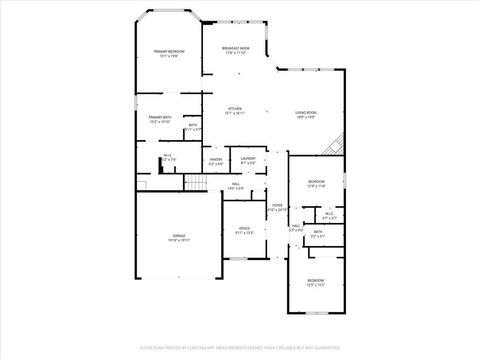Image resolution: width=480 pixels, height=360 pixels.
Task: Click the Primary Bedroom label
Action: point(169,51)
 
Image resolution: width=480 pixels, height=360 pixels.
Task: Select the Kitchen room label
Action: point(235,109)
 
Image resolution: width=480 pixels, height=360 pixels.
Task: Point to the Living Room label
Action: point(306,112)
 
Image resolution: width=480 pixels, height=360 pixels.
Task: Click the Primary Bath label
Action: point(160,118)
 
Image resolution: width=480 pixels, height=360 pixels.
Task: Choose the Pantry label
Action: point(216,159)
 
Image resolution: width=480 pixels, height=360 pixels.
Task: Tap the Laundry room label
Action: point(249,159)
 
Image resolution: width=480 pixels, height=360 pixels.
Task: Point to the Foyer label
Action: point(277,205)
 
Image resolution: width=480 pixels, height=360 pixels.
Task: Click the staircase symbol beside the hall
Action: point(197,184)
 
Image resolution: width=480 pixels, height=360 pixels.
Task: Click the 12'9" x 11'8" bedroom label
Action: point(315,181)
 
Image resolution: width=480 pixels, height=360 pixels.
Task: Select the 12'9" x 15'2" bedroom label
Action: point(315,280)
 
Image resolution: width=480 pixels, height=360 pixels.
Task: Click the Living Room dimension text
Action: point(306,117)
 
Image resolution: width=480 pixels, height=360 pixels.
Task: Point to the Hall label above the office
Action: point(235,184)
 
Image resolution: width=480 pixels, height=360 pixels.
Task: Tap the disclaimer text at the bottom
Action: point(240,349)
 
